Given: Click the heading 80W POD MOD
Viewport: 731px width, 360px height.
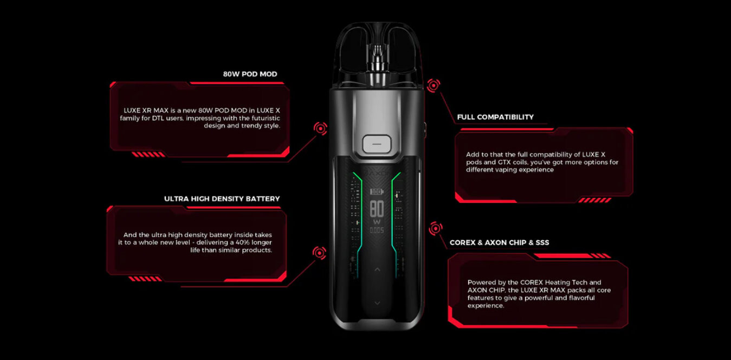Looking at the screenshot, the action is pos(250,74).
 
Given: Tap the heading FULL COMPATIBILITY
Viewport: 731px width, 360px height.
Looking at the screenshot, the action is pos(495,117).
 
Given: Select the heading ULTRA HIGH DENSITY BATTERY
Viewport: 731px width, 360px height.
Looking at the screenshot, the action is pos(222,199).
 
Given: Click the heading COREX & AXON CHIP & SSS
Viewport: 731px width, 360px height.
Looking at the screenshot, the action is pos(499,242).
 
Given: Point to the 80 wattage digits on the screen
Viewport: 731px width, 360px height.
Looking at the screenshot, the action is pos(377,209).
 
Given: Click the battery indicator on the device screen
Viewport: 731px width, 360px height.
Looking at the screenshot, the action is pos(377,191).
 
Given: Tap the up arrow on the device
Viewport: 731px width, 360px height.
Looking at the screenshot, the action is pos(377,269).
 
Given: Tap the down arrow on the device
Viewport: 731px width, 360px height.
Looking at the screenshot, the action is pos(377,303).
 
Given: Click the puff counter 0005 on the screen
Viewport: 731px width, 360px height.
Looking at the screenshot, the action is pos(377,230).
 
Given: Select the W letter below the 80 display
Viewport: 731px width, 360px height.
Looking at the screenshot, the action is pos(377,222).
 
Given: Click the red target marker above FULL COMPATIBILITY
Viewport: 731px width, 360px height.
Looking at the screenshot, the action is pos(434,86).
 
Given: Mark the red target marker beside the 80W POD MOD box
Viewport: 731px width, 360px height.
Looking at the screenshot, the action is pos(320,128).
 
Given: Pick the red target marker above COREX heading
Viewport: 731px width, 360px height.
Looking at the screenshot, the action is pos(436,228).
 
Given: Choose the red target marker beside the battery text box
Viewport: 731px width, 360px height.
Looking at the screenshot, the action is pos(319,253).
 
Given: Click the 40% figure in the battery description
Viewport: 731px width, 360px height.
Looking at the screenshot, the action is pos(242,242).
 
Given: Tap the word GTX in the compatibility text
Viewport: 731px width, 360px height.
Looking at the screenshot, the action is pos(504,162).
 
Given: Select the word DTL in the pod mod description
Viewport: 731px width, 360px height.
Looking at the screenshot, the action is pos(158,118).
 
